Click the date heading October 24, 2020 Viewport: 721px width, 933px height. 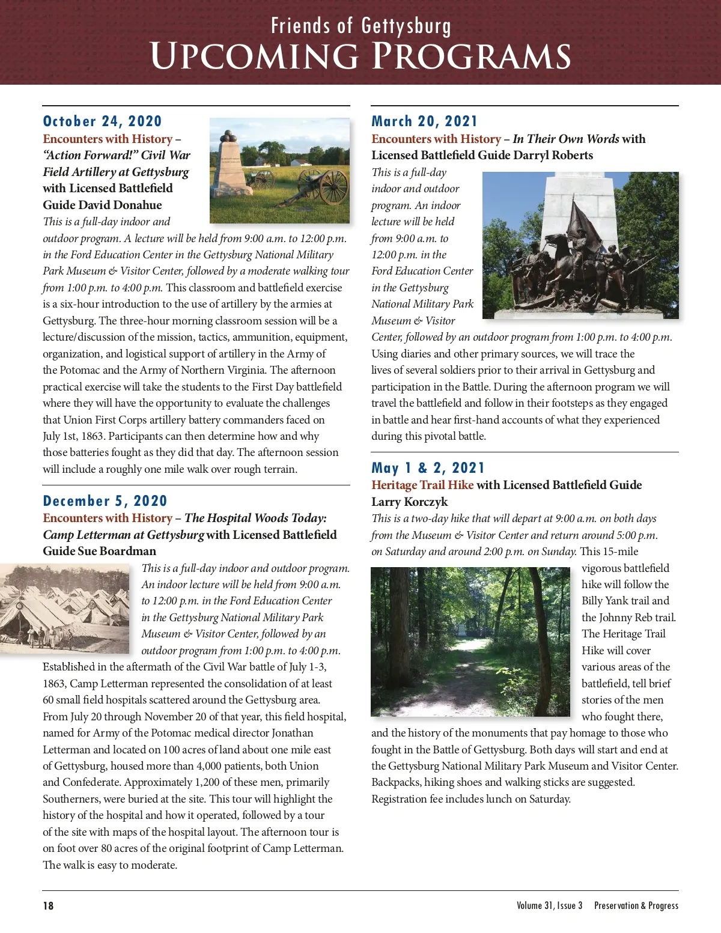pos(102,121)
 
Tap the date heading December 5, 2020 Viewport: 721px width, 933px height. pos(105,501)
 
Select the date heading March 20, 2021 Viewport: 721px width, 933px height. pos(424,121)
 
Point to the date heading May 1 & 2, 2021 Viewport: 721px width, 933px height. pos(428,468)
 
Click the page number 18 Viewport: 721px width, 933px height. pos(48,906)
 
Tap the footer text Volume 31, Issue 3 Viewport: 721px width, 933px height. pos(549,906)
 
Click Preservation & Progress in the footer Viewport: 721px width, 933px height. pos(636,906)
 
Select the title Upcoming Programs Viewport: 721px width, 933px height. pos(360,56)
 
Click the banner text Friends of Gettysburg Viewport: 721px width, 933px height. pos(360,26)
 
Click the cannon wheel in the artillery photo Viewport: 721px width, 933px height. pos(333,186)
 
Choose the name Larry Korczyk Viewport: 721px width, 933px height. pos(409,502)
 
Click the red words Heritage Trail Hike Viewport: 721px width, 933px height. pos(422,485)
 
